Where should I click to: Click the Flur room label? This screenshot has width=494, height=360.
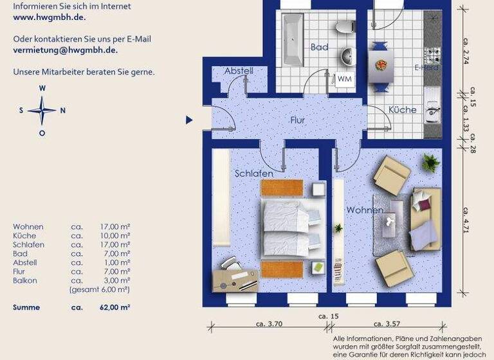[x=297, y=120]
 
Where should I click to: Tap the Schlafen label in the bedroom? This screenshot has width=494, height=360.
[x=254, y=174]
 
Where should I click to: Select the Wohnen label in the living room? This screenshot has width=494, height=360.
[x=364, y=210]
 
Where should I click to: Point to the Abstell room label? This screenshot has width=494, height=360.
[x=239, y=71]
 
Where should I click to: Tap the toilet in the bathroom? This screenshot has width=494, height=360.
[x=347, y=26]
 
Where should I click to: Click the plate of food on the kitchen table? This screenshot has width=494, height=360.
[x=381, y=64]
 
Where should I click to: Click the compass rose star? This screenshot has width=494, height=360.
[x=42, y=110]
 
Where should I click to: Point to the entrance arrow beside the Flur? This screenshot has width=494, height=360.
[x=189, y=120]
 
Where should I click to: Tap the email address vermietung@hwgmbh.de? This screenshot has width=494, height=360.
[x=66, y=49]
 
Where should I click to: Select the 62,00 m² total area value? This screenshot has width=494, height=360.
[x=116, y=307]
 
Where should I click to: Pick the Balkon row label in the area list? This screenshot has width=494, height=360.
[x=25, y=281]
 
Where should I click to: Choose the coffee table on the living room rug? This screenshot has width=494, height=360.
[x=390, y=222]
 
